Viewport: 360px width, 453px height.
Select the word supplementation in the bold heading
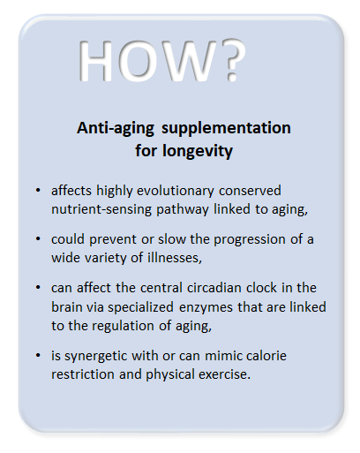(226, 129)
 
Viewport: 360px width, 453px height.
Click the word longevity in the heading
(198, 152)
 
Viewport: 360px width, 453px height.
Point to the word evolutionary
(176, 192)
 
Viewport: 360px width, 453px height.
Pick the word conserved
(250, 191)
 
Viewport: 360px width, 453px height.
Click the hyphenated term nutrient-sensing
(101, 210)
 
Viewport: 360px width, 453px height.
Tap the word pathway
(183, 210)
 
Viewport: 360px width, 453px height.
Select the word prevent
(113, 239)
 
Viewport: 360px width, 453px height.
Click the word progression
(250, 239)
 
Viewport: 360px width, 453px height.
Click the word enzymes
(206, 308)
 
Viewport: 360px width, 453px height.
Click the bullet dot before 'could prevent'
(38, 239)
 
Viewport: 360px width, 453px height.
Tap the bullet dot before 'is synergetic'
(38, 356)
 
